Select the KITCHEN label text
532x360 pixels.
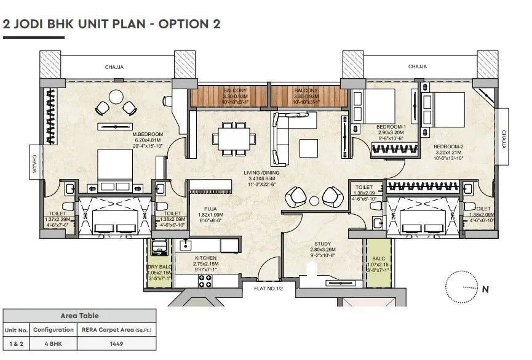pyautogui.click(x=207, y=258)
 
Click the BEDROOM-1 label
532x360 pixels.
pyautogui.click(x=390, y=127)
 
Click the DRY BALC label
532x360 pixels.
pyautogui.click(x=158, y=266)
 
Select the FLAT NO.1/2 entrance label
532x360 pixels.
pyautogui.click(x=264, y=287)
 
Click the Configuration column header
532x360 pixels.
pyautogui.click(x=54, y=330)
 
